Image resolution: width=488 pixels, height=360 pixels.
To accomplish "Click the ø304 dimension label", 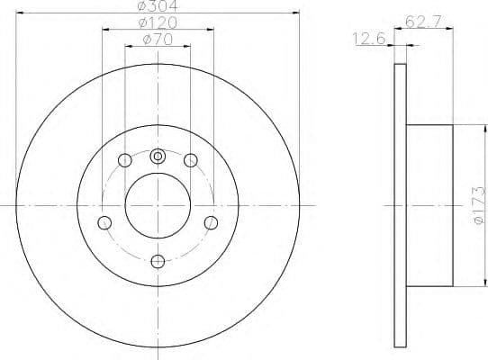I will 158,6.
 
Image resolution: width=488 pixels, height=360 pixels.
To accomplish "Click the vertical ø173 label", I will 479,205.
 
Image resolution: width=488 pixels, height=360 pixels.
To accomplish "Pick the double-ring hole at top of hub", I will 158,157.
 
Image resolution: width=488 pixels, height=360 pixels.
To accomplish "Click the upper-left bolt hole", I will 125,161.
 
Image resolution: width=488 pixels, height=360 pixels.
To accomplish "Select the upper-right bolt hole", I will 190,161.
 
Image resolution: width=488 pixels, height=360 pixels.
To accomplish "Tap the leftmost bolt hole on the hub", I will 105,222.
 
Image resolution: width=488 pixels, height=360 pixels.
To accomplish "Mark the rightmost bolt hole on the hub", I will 211,222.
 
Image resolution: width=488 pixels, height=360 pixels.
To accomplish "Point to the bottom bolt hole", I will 158,261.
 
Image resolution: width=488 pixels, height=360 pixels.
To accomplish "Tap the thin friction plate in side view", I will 402,205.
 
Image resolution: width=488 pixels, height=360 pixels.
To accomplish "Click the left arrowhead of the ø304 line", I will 20,13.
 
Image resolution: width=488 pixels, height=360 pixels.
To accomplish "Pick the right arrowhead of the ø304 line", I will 295,13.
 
